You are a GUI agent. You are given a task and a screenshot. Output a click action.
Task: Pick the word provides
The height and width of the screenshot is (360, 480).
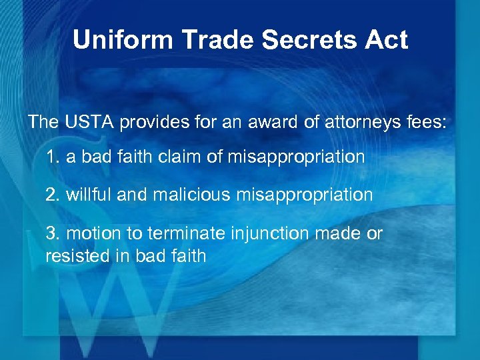(153, 123)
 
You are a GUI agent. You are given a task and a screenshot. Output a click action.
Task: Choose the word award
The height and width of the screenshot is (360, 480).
(257, 122)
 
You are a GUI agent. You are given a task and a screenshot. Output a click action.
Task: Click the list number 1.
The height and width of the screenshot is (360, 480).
(51, 157)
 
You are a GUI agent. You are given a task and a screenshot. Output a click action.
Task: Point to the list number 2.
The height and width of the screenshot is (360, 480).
(51, 195)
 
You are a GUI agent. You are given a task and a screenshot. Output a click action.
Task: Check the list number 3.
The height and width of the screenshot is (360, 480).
(51, 233)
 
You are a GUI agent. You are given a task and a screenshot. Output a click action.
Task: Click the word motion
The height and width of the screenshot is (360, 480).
(93, 233)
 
